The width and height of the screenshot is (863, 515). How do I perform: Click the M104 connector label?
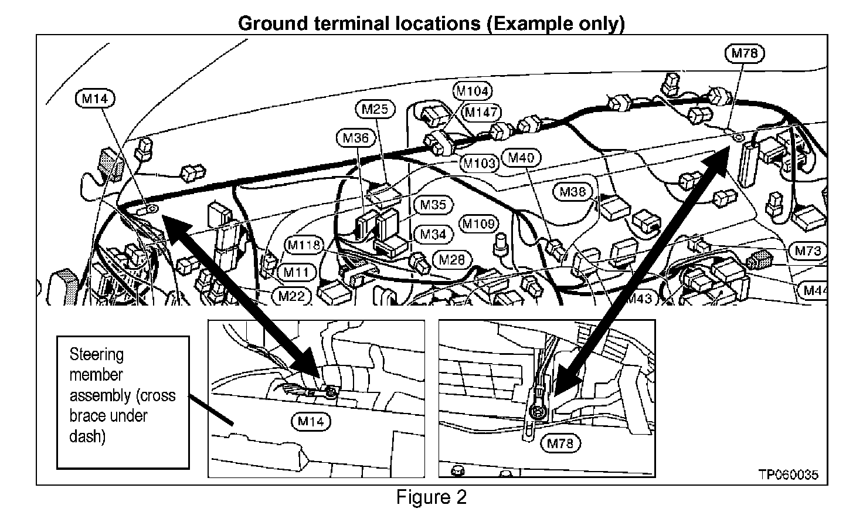click(x=473, y=91)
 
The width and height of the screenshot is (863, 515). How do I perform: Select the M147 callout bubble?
click(x=481, y=111)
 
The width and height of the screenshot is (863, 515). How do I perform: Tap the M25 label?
click(x=375, y=109)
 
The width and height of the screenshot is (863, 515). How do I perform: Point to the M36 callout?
click(x=356, y=138)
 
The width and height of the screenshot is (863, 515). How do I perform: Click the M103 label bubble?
click(x=479, y=163)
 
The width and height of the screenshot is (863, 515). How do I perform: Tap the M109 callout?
click(x=480, y=223)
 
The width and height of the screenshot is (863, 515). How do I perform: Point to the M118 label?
click(x=305, y=245)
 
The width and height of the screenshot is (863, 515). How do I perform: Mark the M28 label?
click(x=451, y=259)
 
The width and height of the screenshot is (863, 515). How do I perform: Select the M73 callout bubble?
click(x=808, y=251)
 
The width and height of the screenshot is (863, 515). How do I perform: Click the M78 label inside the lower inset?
click(x=559, y=443)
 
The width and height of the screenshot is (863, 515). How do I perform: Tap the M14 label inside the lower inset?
click(x=310, y=421)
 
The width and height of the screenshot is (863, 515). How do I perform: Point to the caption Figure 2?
click(x=431, y=498)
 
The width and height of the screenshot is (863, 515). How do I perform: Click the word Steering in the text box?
click(x=96, y=354)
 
